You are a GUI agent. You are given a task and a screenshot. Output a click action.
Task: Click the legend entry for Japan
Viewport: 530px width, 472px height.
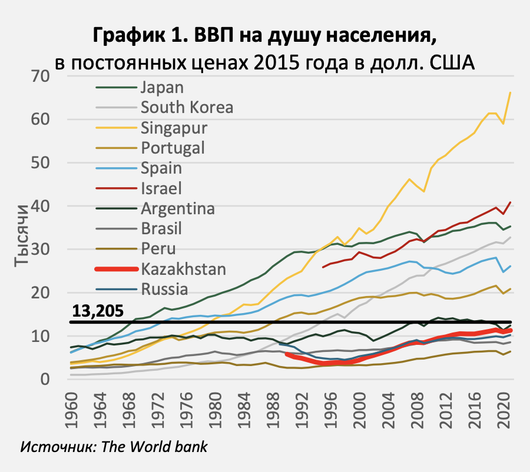pos(162,88)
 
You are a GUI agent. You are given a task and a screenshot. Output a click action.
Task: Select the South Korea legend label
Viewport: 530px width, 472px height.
pos(187,108)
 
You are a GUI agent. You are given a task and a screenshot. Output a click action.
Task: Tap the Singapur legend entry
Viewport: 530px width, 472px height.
pos(174,128)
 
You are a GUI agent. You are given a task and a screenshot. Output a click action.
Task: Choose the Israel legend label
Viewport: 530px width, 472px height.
pos(161,188)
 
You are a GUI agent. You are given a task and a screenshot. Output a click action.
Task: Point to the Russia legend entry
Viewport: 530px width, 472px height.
pos(164,289)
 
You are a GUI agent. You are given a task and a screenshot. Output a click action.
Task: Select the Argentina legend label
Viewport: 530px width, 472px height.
pos(177,208)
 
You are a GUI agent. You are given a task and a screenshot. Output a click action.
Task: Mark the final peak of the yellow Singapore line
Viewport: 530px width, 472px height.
pos(510,92)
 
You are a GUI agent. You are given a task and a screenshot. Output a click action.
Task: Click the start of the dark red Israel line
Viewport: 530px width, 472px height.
pos(323,267)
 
